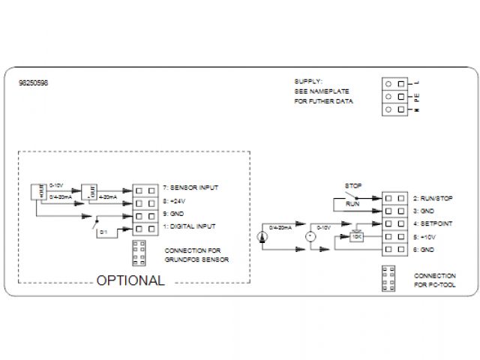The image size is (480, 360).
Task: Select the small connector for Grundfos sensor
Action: (139, 253)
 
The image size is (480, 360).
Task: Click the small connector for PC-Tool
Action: (387, 278)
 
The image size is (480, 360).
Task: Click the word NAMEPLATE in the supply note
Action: (324, 91)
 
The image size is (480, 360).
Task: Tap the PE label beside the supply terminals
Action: (416, 97)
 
